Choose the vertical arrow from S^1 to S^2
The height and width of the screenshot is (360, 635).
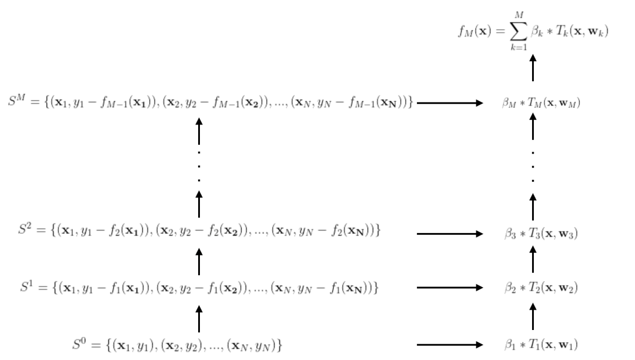pos(199,261)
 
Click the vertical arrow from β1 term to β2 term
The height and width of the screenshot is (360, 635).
pos(533,316)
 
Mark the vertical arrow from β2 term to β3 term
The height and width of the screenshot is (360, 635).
pos(533,261)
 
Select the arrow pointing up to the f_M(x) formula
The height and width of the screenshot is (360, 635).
pos(533,67)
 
